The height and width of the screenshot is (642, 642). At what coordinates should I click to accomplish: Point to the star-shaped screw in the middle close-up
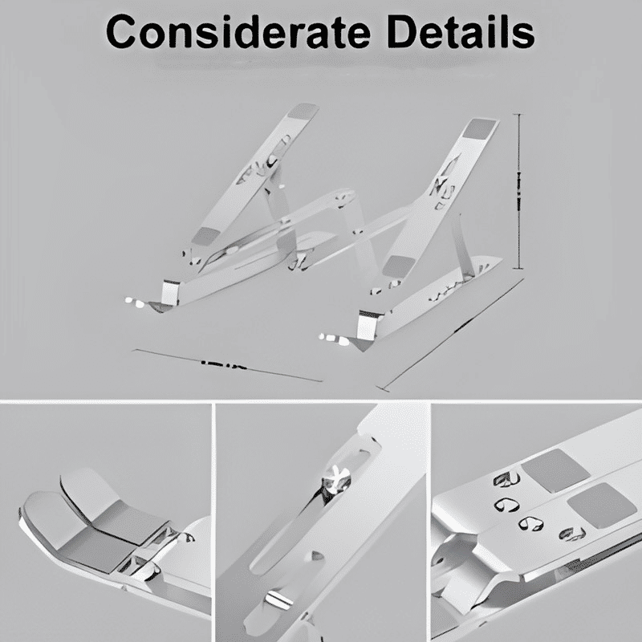[x=332, y=480]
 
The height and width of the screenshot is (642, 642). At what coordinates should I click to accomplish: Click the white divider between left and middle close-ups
[x=213, y=522]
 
